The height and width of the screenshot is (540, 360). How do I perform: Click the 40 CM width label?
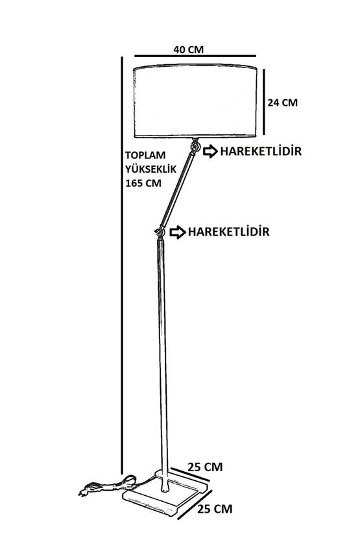click(188, 49)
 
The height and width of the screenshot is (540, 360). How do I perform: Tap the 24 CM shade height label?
click(283, 103)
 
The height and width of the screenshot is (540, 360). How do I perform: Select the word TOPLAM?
click(145, 155)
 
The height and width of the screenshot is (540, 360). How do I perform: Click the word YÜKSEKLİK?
click(150, 169)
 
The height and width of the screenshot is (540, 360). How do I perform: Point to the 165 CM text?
click(143, 183)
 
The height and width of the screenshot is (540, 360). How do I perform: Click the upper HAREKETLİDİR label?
click(261, 151)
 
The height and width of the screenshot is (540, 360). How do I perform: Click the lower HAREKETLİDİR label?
click(228, 232)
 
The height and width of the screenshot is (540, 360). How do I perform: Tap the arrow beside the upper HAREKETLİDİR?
click(210, 151)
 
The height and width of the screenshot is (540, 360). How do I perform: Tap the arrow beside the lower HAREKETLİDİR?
click(178, 232)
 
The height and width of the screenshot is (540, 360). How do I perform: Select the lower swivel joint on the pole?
click(160, 232)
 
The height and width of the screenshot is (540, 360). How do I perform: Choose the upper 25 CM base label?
click(205, 467)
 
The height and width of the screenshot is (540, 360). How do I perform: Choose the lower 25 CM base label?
click(215, 509)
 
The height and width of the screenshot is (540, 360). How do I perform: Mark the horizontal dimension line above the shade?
click(195, 56)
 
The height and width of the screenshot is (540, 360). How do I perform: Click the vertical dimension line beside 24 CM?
click(264, 102)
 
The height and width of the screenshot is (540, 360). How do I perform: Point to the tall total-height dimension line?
click(122, 265)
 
